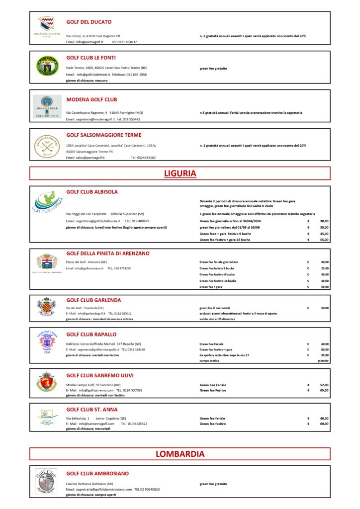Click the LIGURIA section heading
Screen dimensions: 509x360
pos(180,173)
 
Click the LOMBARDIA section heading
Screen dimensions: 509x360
pos(180,454)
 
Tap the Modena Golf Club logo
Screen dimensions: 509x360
pos(47,106)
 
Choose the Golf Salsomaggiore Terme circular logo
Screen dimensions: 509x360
pos(47,145)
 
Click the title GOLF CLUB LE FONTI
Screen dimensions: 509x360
pos(91,58)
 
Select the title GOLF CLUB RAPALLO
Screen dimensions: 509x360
pos(91,335)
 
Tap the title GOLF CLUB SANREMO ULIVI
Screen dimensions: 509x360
pos(100,375)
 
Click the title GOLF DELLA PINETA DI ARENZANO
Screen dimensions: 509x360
pos(108,254)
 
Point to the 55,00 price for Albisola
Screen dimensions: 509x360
pos(324,240)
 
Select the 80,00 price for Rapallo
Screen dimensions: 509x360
pos(324,349)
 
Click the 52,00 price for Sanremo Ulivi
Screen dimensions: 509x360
pos(324,385)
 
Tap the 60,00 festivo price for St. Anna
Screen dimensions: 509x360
pos(324,424)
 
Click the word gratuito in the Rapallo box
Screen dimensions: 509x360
pos(323,361)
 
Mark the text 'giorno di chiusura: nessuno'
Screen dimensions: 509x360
pos(87,80)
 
